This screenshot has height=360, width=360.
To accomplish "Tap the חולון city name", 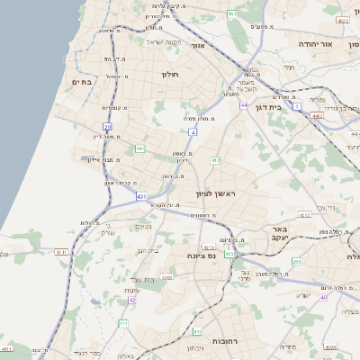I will [171, 74].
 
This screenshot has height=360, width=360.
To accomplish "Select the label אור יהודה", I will [339, 44].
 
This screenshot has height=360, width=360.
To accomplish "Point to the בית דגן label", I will [288, 105].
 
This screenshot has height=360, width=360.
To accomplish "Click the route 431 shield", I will [141, 195].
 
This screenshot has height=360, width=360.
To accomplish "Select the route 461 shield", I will [232, 14].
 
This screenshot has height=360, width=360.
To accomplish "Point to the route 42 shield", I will [131, 300].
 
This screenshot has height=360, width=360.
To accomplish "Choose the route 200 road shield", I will [297, 261].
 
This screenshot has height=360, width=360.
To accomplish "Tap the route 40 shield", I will [322, 296].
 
